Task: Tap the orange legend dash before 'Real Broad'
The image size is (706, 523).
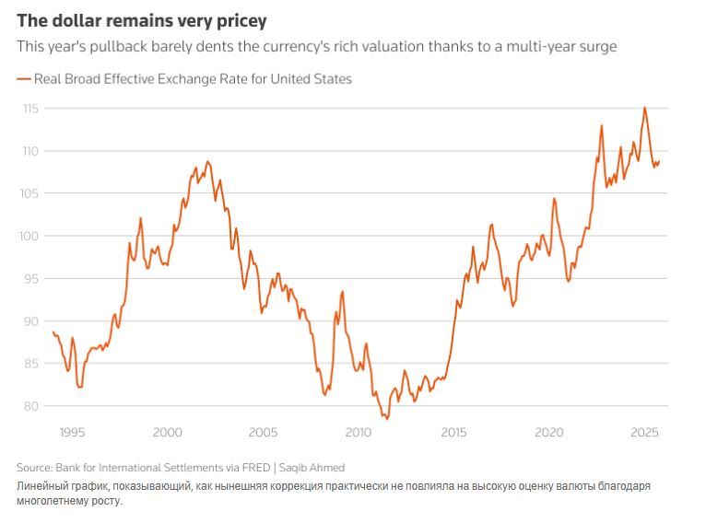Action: (x=23, y=79)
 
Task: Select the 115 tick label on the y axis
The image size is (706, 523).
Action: (x=30, y=108)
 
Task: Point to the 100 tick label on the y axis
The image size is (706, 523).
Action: (x=30, y=236)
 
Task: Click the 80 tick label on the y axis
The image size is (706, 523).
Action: (x=30, y=406)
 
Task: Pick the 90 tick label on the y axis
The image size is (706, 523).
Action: (x=30, y=321)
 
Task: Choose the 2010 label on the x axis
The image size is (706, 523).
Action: (x=358, y=432)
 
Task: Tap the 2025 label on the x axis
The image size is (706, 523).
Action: (x=644, y=432)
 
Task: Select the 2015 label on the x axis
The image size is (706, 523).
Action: (x=453, y=432)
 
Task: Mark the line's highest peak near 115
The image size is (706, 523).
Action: (x=644, y=108)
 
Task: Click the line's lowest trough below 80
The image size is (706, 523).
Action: (x=387, y=419)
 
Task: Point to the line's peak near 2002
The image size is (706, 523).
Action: (x=207, y=162)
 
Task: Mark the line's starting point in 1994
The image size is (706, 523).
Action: (x=53, y=331)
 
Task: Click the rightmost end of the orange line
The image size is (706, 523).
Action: (x=660, y=161)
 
